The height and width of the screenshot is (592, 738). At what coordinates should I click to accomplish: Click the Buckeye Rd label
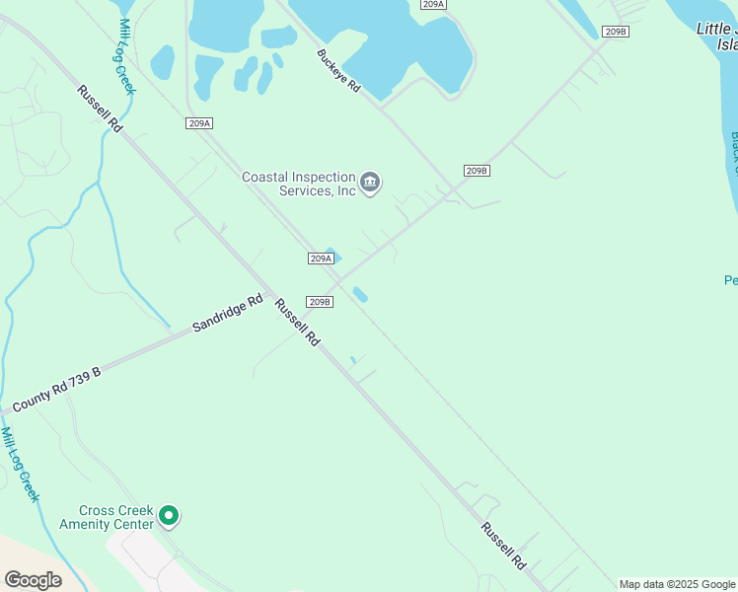point(339,72)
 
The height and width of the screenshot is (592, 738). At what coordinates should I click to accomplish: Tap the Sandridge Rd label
point(228,313)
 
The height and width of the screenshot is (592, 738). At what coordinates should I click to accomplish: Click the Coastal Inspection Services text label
point(299,184)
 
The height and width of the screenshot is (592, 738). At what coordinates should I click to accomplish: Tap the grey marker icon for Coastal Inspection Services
point(370,183)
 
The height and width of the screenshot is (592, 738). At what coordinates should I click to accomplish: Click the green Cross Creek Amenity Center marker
point(169,515)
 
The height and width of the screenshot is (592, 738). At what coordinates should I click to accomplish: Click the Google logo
point(33,580)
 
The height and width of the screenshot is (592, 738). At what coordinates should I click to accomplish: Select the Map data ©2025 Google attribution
point(678,584)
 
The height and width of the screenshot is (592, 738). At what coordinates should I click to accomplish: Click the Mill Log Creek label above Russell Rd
point(126,56)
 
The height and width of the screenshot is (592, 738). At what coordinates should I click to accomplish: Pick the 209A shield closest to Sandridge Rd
point(320,259)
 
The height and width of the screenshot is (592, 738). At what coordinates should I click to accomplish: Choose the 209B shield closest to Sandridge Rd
point(318,302)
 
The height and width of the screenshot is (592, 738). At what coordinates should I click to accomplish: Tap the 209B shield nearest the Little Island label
point(615,32)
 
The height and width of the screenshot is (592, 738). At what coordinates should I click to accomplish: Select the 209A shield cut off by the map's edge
point(433,5)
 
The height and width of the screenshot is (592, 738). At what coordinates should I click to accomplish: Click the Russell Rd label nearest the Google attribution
point(503,545)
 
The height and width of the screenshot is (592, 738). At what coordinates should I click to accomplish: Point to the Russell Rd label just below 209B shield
point(298,322)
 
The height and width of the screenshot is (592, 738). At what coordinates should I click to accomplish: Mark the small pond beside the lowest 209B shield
point(361,294)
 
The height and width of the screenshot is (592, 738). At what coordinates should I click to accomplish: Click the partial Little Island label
point(717,37)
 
